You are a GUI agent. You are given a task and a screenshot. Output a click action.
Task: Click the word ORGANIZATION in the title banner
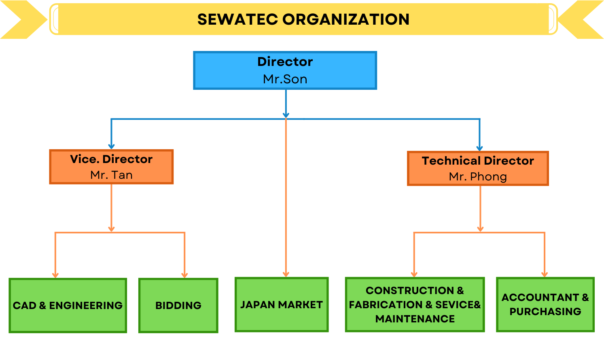click(x=346, y=19)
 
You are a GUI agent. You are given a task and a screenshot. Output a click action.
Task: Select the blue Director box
click(x=285, y=70)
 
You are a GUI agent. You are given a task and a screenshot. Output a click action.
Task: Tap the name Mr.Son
click(x=285, y=79)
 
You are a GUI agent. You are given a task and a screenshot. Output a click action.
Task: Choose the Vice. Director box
click(x=111, y=167)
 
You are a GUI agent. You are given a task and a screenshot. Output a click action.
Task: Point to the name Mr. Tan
click(x=111, y=175)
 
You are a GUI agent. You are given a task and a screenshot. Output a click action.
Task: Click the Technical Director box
click(x=478, y=168)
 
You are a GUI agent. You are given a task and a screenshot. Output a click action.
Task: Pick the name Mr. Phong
click(x=478, y=177)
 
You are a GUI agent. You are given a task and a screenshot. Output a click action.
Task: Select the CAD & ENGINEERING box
click(x=68, y=305)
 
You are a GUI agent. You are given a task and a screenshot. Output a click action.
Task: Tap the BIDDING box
click(x=178, y=305)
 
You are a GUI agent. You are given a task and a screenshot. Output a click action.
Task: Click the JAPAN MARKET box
click(x=282, y=305)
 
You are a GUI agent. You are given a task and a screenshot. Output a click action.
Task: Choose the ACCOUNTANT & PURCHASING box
click(x=545, y=305)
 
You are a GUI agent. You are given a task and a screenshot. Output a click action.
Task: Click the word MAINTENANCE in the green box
click(x=415, y=319)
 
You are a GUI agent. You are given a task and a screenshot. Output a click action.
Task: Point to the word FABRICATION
click(x=386, y=305)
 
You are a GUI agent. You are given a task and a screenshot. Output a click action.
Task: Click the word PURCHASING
click(x=545, y=311)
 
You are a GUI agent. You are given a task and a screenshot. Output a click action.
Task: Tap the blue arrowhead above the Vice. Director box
click(x=111, y=146)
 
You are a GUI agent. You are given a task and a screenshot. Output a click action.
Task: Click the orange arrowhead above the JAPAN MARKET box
click(x=286, y=274)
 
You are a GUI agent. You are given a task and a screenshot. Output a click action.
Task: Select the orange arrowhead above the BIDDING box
click(x=184, y=275)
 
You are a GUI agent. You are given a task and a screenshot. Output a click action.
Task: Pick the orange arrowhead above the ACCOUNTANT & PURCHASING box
click(x=545, y=274)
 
